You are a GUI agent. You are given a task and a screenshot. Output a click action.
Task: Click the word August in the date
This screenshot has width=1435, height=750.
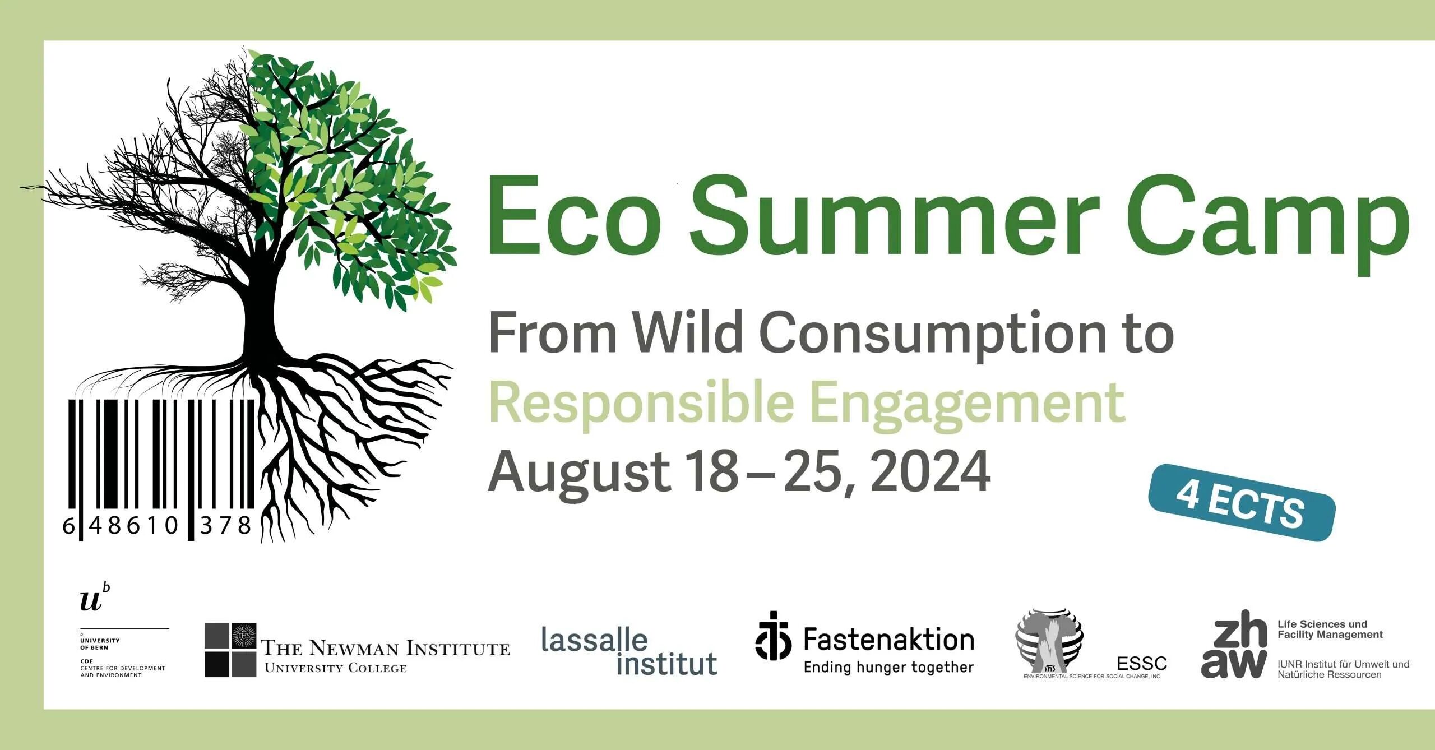(x=578, y=474)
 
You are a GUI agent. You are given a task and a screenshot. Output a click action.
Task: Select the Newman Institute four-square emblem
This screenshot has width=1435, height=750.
(x=230, y=650)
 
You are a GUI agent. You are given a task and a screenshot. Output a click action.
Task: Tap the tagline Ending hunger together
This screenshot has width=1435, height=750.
(x=888, y=667)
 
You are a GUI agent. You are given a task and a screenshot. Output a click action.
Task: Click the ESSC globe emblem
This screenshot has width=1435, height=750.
(x=1049, y=642)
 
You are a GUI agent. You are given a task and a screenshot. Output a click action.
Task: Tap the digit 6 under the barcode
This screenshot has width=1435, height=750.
(x=68, y=526)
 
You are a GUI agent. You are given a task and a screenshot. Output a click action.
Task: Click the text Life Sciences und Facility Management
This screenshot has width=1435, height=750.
(x=1330, y=629)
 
